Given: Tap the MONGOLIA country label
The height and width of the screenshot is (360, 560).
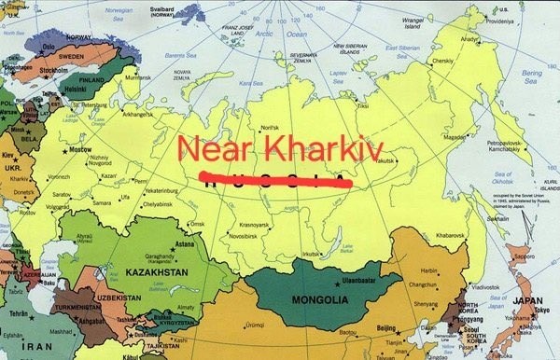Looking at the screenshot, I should (x=320, y=300).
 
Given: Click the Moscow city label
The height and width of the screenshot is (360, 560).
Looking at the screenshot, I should (x=80, y=150).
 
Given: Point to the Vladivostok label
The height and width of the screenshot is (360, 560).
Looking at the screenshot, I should (x=487, y=287).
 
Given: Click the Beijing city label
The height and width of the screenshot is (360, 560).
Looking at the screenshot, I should (x=385, y=328).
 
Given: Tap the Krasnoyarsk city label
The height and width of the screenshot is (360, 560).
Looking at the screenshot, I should (x=253, y=225).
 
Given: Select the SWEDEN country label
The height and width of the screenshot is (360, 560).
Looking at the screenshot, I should (x=72, y=56).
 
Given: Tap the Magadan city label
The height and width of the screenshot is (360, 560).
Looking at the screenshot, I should (x=455, y=135).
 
